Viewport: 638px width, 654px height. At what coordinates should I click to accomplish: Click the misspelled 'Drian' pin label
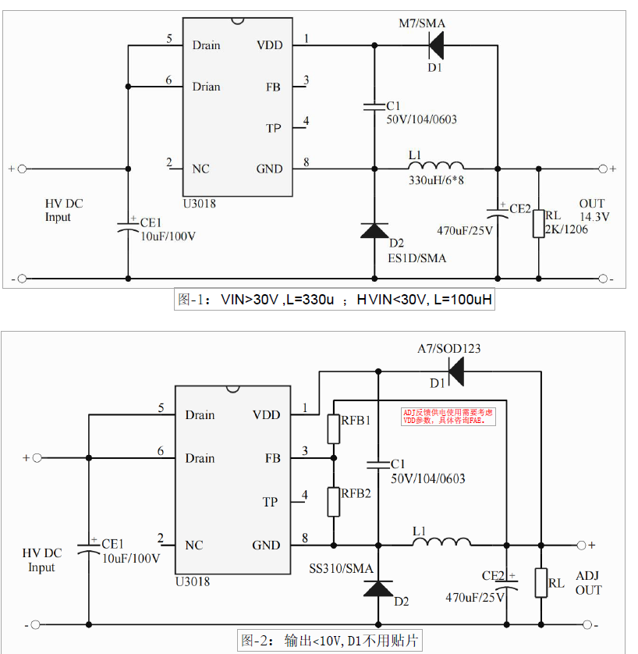207,87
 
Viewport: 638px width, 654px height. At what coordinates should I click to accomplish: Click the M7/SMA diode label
422,24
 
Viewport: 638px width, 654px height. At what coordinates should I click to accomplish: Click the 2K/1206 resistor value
567,229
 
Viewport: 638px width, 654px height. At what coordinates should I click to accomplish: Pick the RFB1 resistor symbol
334,428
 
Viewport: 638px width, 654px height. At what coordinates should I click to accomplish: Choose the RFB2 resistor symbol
334,501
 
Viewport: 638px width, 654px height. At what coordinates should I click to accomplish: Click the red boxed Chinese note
448,416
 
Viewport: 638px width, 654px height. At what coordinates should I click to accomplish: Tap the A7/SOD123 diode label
448,349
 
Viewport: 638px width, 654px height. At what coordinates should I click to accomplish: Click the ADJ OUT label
588,583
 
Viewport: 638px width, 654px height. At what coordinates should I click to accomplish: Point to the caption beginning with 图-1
335,299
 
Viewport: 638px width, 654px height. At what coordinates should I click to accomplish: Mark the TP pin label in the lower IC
270,502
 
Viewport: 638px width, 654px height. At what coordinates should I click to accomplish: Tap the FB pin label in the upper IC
273,87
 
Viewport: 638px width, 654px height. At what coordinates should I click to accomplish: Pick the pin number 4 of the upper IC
307,121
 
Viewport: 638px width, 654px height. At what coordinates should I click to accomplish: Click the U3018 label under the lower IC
192,581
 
